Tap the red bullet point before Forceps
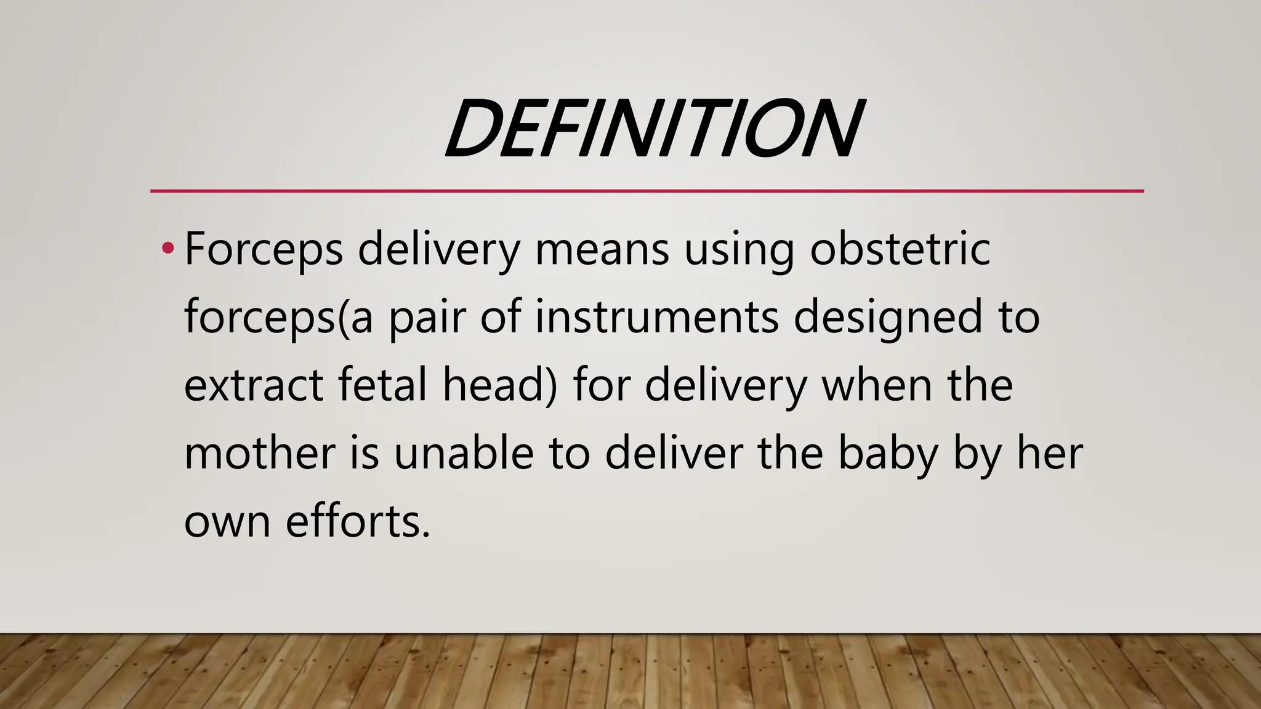coord(166,249)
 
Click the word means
coord(602,249)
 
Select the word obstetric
coord(900,249)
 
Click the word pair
coord(426,318)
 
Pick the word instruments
coord(656,318)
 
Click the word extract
coord(253,385)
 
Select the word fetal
coord(382,385)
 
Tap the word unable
coord(463,453)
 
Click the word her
coord(1049,453)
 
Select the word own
coord(227,522)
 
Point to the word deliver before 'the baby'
coord(674,453)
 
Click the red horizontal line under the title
coord(647,191)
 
